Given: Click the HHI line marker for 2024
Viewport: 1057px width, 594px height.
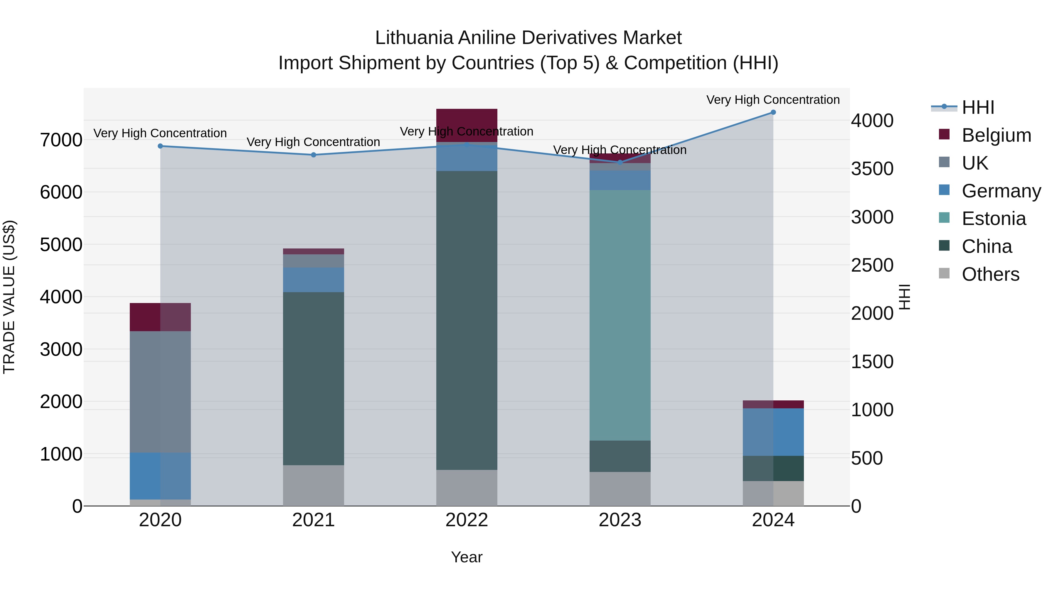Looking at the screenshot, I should coord(773,112).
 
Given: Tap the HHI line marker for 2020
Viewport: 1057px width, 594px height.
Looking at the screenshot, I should coord(160,146).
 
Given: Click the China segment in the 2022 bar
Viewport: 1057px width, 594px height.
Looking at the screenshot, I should coord(467,320).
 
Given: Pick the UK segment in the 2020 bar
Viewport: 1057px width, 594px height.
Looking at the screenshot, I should coord(160,392).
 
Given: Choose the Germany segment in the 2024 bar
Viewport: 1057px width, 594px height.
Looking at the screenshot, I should coord(773,432).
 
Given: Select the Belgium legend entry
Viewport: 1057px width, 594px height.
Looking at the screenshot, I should coord(996,135).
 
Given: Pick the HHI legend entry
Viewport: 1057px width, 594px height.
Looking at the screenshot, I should coord(977,107).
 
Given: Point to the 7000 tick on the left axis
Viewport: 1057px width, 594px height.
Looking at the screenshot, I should coord(61,140).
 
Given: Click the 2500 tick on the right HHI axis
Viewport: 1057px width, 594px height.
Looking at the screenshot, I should coord(872,265).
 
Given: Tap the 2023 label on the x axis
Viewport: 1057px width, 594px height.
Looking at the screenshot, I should coord(620,520).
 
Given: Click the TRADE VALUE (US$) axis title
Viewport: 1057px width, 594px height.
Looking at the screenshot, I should coord(9,297).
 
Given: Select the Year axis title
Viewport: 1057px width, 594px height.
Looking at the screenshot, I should coord(467,557).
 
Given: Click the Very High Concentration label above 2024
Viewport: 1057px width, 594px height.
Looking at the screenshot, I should coord(773,100).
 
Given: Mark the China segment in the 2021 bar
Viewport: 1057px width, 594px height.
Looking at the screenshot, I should coord(314,378).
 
